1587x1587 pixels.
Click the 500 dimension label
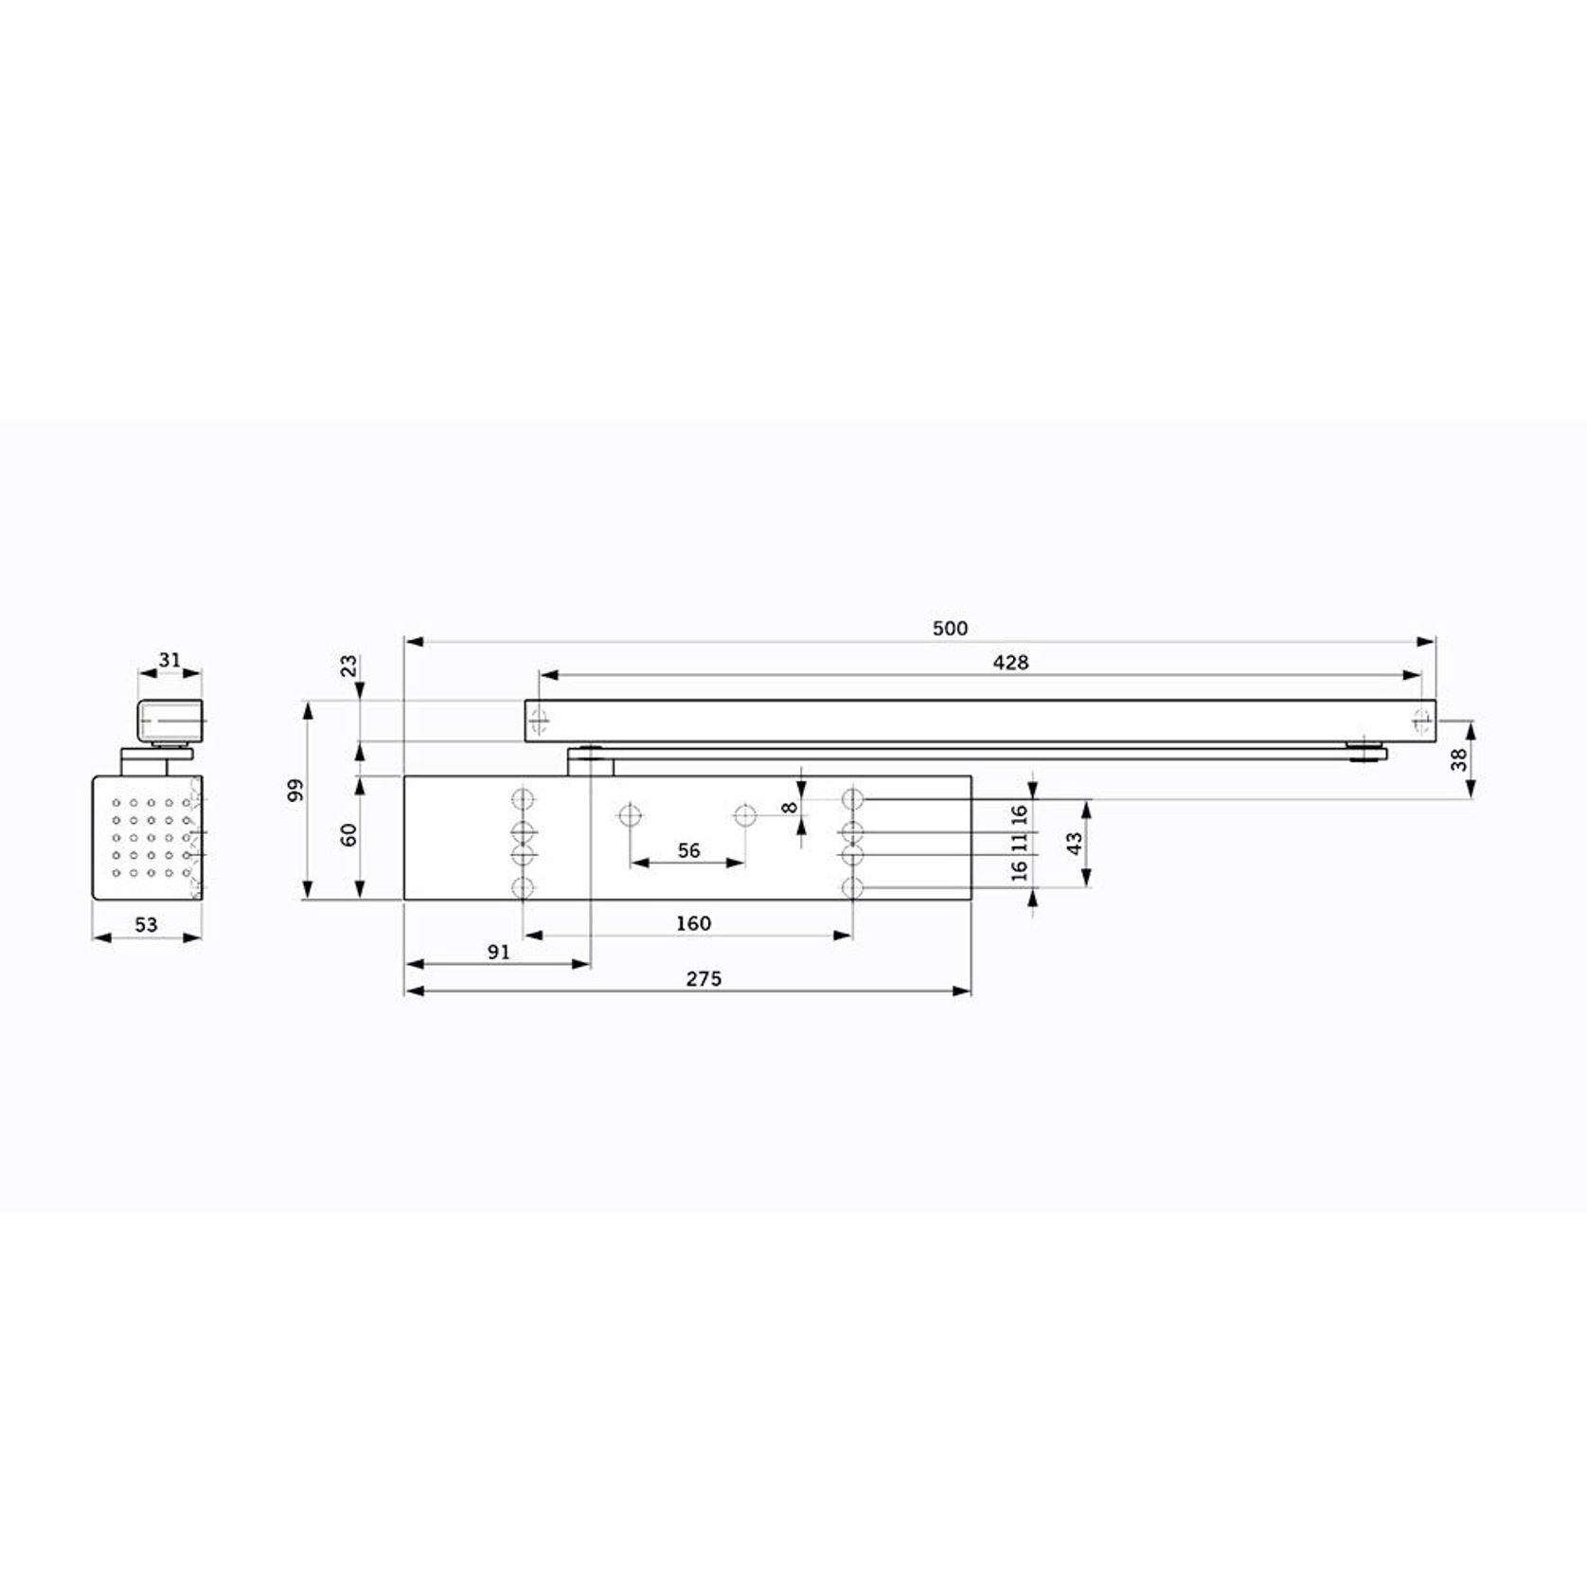tap(950, 629)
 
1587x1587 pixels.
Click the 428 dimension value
tap(1009, 663)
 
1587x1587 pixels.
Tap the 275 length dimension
tap(704, 979)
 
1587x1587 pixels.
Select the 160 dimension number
tap(693, 923)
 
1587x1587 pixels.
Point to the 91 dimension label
tap(498, 953)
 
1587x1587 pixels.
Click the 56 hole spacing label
tap(688, 850)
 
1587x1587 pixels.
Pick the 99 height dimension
tap(294, 791)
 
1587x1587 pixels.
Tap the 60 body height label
tap(348, 835)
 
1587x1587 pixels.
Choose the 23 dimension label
tap(348, 665)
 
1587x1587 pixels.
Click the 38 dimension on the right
tap(1458, 758)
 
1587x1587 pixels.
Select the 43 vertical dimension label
tap(1074, 844)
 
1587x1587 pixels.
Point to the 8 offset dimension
tap(789, 808)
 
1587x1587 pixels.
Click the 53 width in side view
tap(146, 925)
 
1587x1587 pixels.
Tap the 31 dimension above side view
tap(169, 659)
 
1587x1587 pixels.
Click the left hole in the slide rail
tap(539, 721)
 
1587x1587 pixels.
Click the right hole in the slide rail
tap(1421, 721)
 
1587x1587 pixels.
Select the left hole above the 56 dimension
tap(630, 814)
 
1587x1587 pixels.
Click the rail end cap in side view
tap(171, 722)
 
